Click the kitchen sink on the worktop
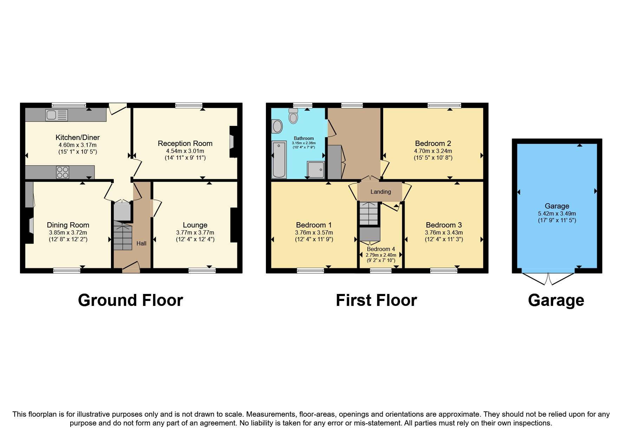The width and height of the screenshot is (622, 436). [x=56, y=115]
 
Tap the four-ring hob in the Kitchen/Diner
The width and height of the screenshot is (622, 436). [x=63, y=172]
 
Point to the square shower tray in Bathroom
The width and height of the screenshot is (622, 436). [x=315, y=170]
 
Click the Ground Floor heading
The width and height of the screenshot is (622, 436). [x=130, y=300]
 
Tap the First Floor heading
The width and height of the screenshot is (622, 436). [x=376, y=300]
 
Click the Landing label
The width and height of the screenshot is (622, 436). [x=380, y=192]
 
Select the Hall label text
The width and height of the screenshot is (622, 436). [x=141, y=243]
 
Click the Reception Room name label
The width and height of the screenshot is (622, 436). [x=185, y=143]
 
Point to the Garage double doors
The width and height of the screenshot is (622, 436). [x=548, y=279]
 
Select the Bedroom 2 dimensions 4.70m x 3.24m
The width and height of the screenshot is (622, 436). [x=433, y=151]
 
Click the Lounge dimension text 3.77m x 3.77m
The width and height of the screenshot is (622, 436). [x=195, y=232]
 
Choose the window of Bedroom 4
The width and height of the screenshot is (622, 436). [x=381, y=270]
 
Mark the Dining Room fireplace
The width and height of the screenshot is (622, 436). [x=30, y=225]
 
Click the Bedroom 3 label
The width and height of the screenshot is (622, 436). [x=444, y=225]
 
